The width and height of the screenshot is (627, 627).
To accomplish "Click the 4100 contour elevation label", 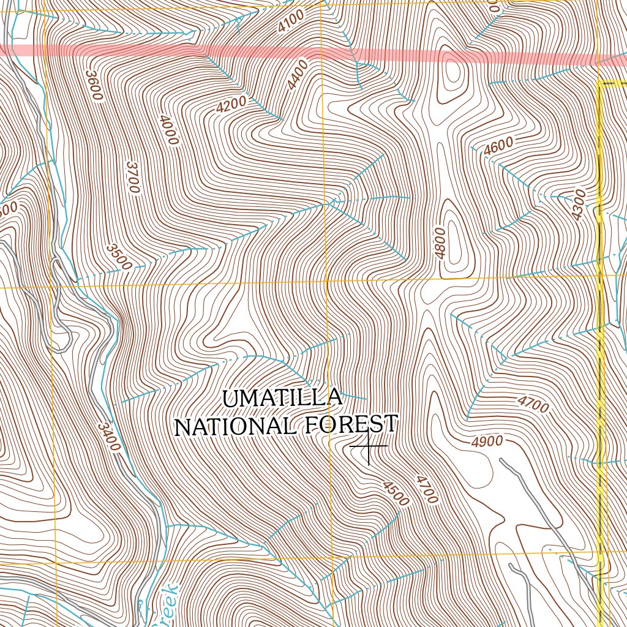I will click(x=290, y=24).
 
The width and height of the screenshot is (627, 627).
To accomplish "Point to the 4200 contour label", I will click(x=231, y=104).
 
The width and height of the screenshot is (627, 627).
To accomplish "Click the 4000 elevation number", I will click(x=168, y=130).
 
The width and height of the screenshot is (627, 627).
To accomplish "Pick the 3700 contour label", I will click(x=132, y=177).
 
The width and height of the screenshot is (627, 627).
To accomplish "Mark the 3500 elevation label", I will click(x=118, y=257).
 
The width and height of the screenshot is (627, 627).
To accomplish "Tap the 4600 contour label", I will click(x=498, y=147).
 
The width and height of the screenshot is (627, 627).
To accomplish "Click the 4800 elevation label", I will click(x=440, y=243).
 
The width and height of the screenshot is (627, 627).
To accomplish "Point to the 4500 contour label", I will click(x=396, y=494).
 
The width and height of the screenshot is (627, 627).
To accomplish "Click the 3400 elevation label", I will click(x=108, y=437).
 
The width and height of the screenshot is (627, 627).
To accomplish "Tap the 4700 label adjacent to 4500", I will click(x=427, y=489).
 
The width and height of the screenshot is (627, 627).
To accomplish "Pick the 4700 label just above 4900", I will click(x=533, y=404).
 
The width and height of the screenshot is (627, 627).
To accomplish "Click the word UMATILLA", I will click(x=282, y=399).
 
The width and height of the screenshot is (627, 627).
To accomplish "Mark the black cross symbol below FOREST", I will click(x=369, y=446).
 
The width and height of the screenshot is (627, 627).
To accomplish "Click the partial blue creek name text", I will click(x=163, y=606).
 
